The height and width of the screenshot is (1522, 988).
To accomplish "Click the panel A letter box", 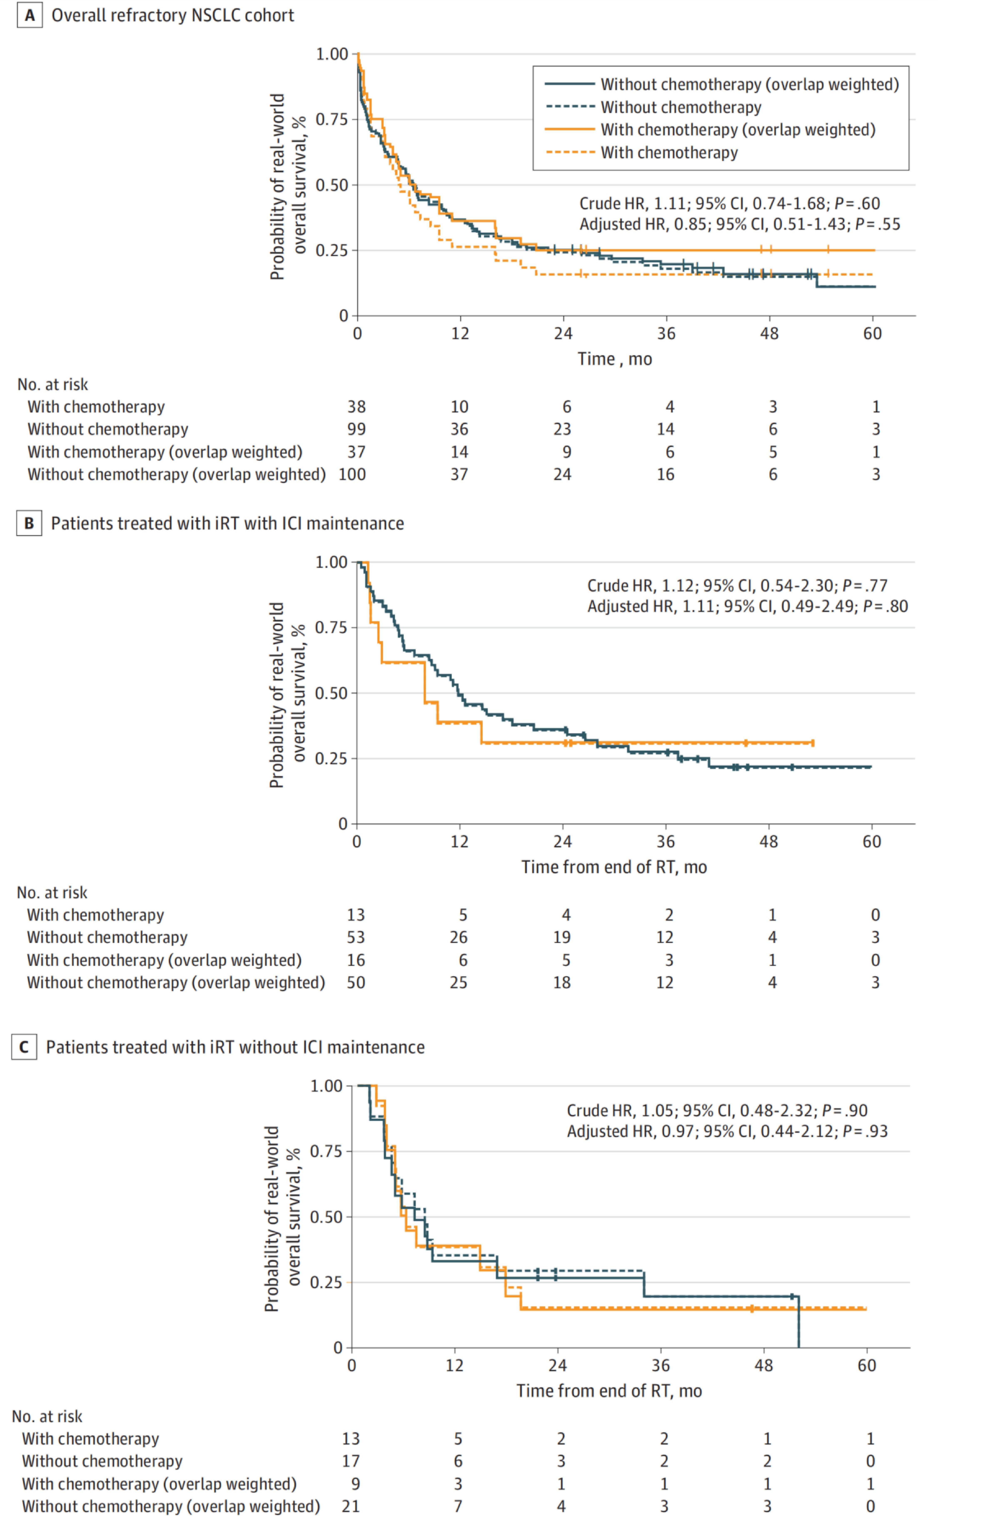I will point(29,15).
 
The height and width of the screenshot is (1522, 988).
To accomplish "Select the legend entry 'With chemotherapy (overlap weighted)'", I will point(737,130).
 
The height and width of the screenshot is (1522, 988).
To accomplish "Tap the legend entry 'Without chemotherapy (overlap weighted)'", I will point(749,84).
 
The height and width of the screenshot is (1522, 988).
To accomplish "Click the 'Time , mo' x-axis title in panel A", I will point(615,359).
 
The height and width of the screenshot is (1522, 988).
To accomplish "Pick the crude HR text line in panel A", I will point(729,203).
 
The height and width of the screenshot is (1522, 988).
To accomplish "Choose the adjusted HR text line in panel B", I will point(747,606).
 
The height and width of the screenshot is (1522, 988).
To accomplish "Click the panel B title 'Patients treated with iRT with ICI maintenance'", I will point(227,524).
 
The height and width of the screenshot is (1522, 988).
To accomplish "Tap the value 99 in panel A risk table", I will point(356,429).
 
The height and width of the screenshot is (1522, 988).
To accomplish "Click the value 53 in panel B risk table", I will point(356,937).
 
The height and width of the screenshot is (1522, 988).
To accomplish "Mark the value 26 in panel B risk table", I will point(459,937).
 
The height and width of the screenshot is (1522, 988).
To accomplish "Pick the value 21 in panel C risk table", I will point(351,1506).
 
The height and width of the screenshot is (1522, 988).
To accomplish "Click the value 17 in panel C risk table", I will point(351,1461).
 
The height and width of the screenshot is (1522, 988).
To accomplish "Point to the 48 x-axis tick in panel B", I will point(769,842).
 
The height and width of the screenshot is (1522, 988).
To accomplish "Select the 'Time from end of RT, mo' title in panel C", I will point(609,1391).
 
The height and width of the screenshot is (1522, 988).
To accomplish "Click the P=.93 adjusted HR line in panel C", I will point(727,1131).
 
